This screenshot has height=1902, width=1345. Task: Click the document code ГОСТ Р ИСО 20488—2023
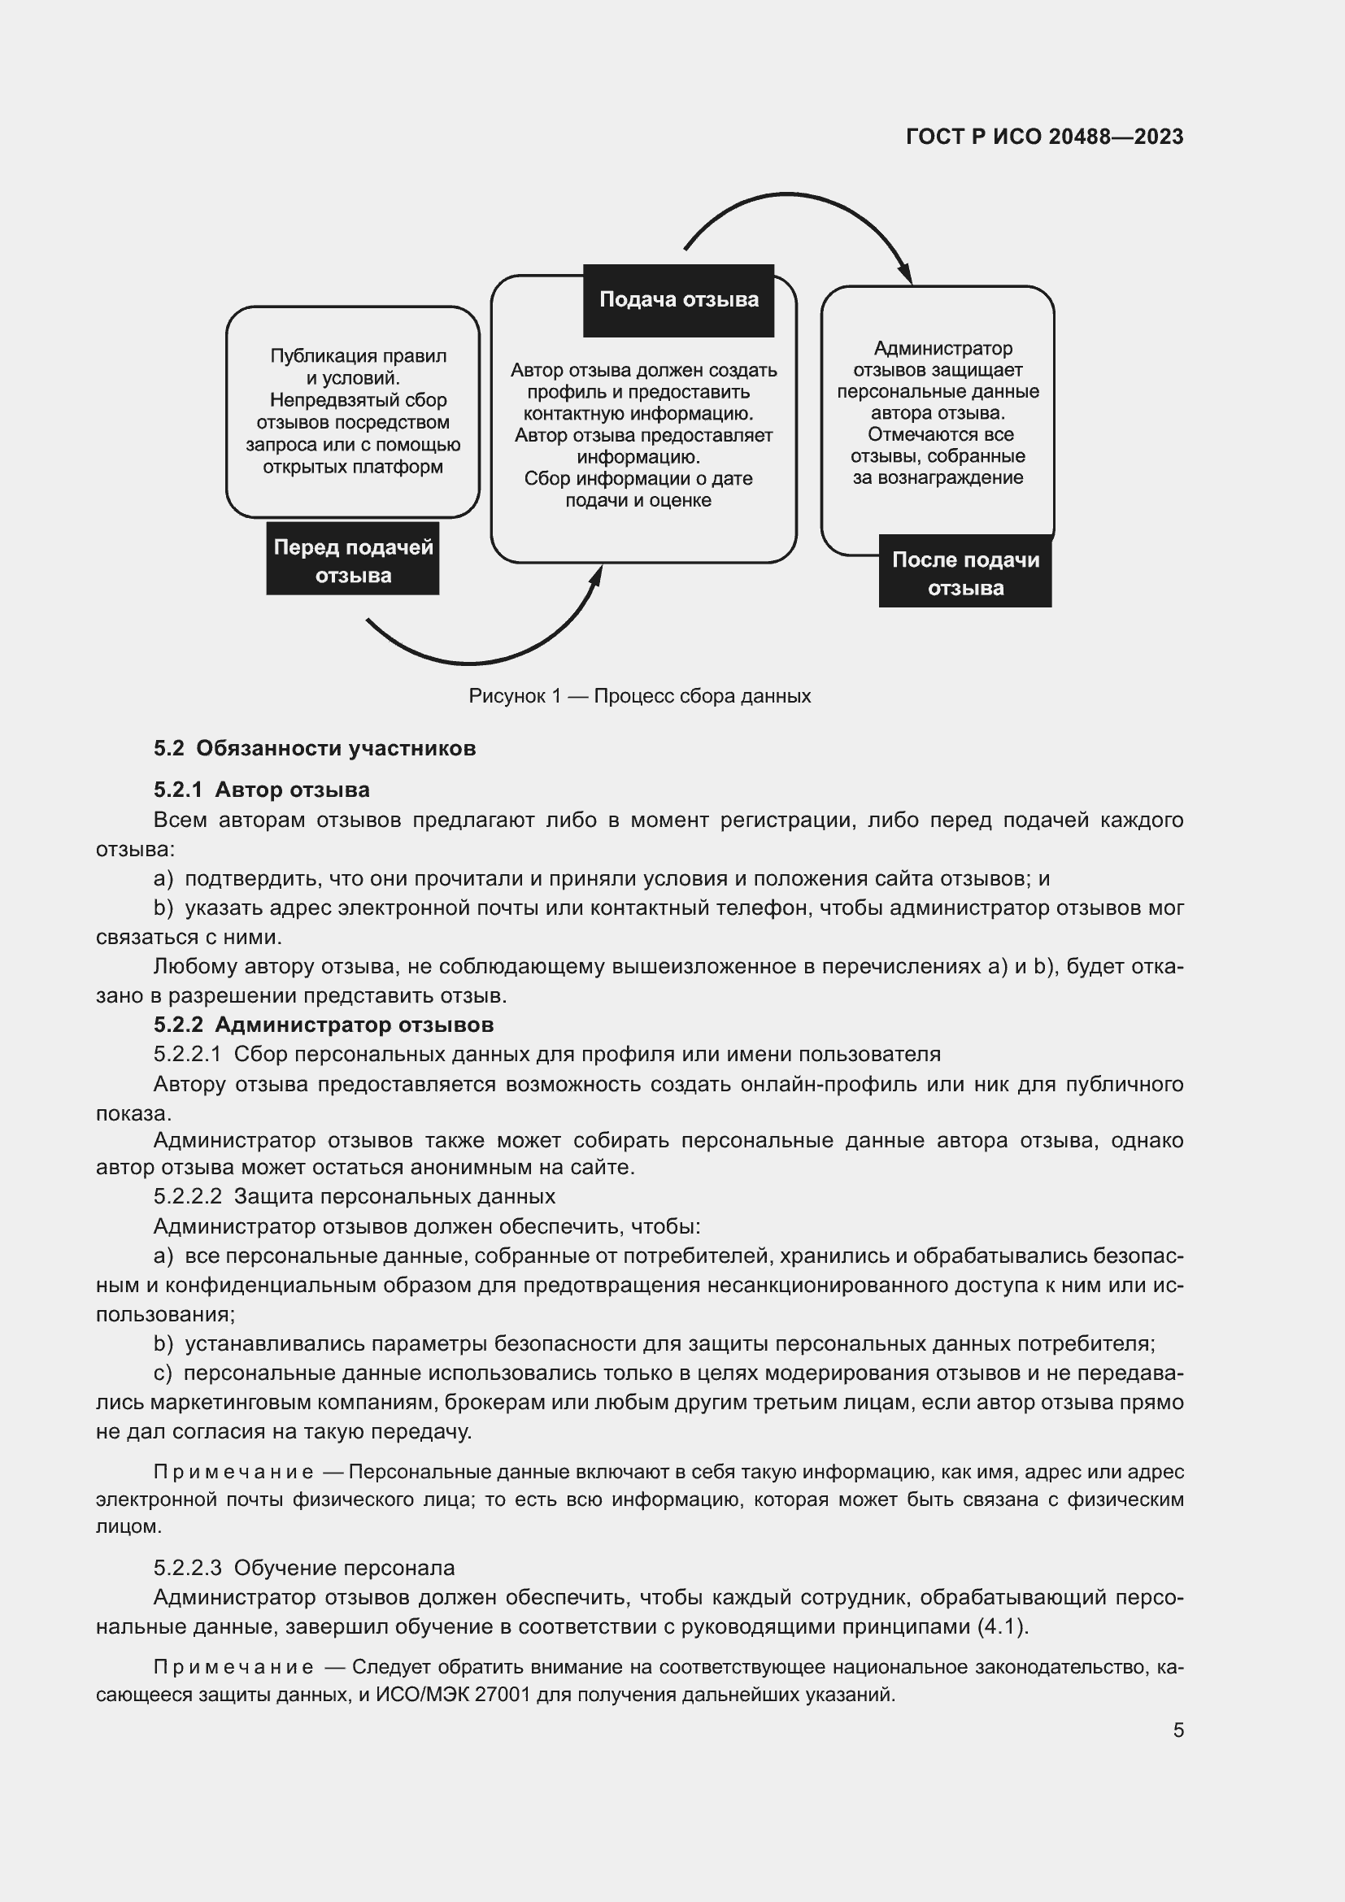1044,137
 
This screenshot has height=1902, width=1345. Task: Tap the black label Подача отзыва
678,300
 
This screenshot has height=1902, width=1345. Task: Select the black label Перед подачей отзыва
353,561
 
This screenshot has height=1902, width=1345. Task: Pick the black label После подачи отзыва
965,574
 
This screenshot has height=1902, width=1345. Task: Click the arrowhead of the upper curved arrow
906,274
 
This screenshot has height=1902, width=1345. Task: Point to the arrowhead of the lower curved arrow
595,576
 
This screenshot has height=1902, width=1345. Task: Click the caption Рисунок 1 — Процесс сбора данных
639,696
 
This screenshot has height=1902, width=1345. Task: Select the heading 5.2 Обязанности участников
315,748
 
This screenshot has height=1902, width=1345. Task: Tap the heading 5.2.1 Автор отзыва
262,790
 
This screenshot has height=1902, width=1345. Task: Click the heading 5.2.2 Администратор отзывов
323,1025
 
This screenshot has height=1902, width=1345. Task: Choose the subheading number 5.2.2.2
188,1196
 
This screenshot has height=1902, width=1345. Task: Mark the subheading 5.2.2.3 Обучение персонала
304,1567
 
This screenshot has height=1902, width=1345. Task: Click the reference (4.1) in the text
1001,1626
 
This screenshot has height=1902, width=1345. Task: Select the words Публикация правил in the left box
358,356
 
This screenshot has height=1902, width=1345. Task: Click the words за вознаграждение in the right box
938,478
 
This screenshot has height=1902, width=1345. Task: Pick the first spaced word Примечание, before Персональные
233,1472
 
